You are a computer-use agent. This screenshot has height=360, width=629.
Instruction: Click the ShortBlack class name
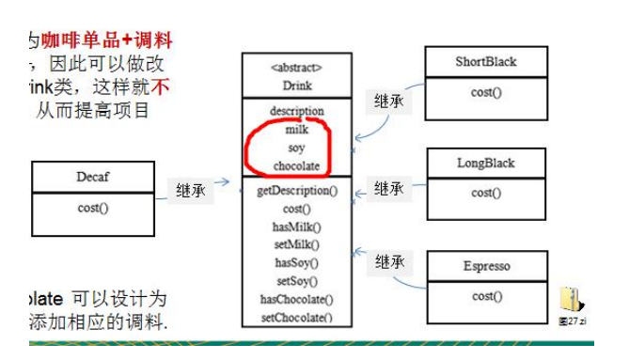(486, 62)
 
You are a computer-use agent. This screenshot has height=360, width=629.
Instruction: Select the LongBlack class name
(486, 163)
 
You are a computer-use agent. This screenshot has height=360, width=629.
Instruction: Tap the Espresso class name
(486, 266)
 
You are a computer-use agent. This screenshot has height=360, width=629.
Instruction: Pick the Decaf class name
(94, 176)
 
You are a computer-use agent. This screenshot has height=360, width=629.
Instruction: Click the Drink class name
(296, 85)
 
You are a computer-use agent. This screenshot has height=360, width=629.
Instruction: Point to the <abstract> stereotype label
(296, 68)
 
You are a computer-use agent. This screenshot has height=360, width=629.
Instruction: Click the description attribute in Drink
(296, 111)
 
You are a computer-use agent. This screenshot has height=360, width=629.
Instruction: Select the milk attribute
(296, 130)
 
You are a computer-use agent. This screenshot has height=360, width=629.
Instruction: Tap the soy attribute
(296, 148)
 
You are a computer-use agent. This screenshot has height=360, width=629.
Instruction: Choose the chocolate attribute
(296, 166)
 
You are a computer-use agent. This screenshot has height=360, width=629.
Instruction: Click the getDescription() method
(296, 191)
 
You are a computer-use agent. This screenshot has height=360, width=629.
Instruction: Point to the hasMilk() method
(296, 227)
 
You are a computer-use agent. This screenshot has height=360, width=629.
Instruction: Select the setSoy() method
(296, 281)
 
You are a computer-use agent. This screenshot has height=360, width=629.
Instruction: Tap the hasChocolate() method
(296, 299)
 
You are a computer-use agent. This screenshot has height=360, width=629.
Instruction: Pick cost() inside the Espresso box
(486, 297)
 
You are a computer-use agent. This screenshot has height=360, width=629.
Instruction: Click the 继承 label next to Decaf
(190, 190)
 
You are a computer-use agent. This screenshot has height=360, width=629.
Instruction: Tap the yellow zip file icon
(571, 301)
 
